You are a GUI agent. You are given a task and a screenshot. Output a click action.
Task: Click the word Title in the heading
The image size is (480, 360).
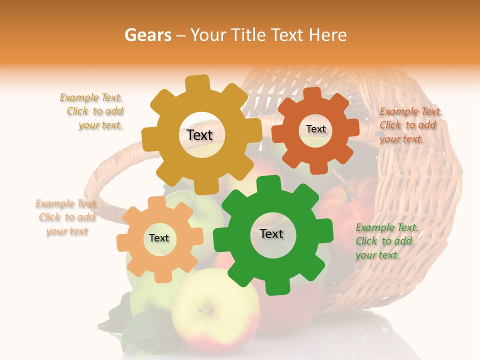(x=249, y=35)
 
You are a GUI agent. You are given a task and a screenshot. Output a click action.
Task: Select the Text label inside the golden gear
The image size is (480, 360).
(x=199, y=135)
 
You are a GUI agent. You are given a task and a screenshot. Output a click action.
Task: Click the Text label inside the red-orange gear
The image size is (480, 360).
(x=315, y=129)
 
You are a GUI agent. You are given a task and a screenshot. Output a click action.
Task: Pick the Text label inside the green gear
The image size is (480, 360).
(x=271, y=233)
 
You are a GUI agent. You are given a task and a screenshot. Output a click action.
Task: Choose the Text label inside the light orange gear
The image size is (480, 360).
(x=159, y=238)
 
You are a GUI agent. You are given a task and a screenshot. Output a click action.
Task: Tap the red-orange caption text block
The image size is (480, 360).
(x=409, y=125)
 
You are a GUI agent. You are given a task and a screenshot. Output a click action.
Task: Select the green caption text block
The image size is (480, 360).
(x=385, y=241)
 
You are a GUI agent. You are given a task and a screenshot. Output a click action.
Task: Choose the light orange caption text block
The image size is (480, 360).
(x=66, y=217)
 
